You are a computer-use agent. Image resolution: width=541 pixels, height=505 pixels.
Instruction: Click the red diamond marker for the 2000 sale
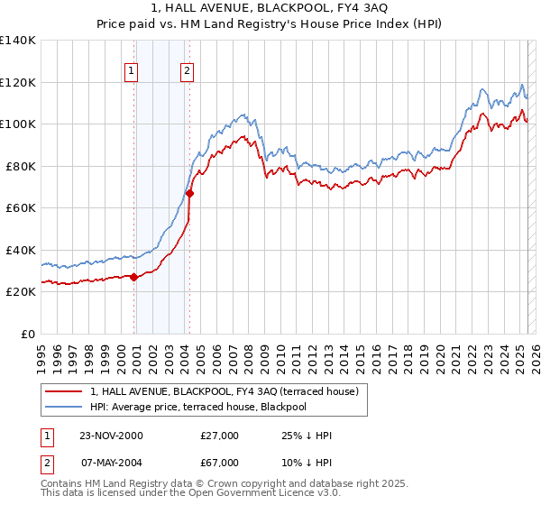pos(134,278)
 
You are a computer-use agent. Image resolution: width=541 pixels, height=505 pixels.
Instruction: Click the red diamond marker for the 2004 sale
pos(189,193)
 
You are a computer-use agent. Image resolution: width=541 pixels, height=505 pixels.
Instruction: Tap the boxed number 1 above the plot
pos(132,71)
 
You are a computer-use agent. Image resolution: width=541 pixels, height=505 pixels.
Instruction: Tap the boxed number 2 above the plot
pos(187,71)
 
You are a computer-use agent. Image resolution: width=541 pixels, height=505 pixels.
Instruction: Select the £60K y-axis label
pos(20,207)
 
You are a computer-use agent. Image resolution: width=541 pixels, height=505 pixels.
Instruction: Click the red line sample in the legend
pos(63,391)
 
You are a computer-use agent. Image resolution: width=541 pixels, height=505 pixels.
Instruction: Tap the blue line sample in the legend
pos(63,407)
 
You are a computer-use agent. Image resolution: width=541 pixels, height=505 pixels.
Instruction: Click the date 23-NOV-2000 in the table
pos(111,436)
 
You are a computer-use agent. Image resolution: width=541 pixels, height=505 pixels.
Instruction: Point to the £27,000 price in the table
pos(219,436)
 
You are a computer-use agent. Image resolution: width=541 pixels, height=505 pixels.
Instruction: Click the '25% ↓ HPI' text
pos(307,436)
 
